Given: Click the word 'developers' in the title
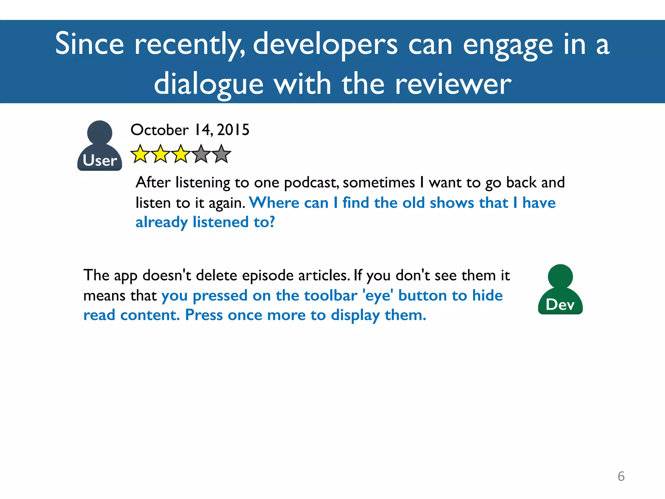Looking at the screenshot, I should [x=325, y=45].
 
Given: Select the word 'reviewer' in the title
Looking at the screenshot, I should [x=453, y=84].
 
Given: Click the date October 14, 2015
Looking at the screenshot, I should [x=190, y=130].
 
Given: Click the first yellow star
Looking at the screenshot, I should [x=140, y=154].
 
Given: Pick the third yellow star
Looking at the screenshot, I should [x=181, y=154].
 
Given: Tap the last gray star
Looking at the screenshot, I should [x=221, y=154].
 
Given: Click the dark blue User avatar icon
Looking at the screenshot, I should [x=100, y=146].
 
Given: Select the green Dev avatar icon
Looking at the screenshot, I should [x=560, y=289].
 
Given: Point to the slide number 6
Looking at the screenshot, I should [x=621, y=476].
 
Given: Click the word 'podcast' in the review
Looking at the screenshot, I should [x=311, y=183].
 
